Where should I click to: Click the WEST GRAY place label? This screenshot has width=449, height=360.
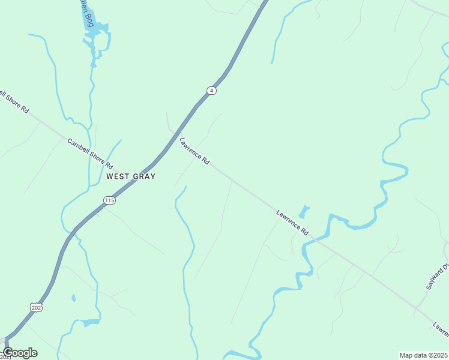click(x=131, y=176)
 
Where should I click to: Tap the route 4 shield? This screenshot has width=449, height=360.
click(x=211, y=91)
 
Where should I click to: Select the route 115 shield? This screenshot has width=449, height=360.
click(x=109, y=200)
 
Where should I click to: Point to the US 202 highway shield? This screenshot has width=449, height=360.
click(x=37, y=306)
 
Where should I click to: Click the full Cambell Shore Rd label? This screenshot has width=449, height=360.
click(x=90, y=154)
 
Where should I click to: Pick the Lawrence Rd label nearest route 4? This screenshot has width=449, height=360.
click(x=194, y=152)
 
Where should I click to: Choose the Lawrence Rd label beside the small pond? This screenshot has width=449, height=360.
click(x=292, y=222)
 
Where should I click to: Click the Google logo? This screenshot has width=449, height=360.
click(x=20, y=353)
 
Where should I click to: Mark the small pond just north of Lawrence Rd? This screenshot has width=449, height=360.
click(x=304, y=212)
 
